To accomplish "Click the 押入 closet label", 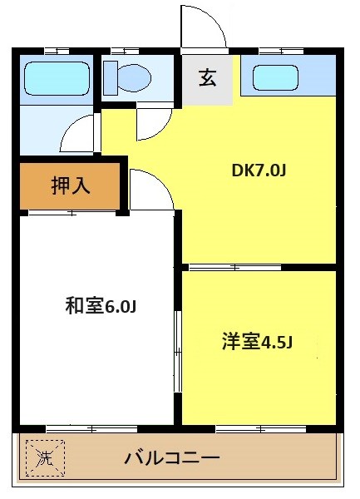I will [72, 186].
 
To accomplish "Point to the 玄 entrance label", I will [207, 80].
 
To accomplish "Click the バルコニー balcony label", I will [172, 457].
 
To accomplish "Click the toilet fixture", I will [127, 78].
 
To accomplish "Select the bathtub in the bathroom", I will [57, 77].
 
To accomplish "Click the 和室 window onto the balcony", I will [81, 428].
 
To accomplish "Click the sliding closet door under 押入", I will [71, 214].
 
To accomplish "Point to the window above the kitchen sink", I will [274, 52].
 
